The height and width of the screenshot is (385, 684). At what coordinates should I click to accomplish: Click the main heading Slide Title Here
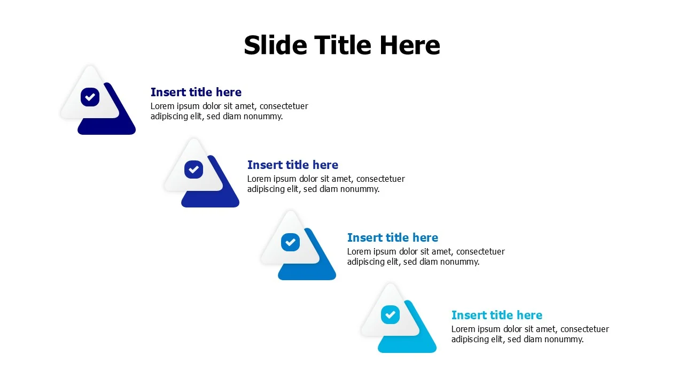[x=342, y=45]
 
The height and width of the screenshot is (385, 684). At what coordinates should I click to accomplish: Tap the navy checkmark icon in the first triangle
[x=90, y=97]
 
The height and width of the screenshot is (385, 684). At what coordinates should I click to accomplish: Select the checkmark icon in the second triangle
[x=193, y=170]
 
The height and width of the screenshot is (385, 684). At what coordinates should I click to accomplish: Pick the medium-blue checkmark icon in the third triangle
[x=290, y=242]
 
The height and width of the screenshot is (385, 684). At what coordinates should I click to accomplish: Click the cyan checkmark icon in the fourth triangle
[x=390, y=314]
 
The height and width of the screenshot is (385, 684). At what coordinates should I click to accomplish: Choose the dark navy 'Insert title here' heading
[x=196, y=92]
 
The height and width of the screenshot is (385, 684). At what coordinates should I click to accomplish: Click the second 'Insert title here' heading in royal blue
[x=293, y=165]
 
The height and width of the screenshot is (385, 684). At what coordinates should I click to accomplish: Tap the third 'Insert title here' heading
[x=393, y=237]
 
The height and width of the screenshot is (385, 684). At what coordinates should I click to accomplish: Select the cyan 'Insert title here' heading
[x=497, y=315]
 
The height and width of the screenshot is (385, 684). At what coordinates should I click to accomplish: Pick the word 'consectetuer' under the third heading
[x=480, y=251]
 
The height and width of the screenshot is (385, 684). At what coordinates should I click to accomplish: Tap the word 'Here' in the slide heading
[x=409, y=45]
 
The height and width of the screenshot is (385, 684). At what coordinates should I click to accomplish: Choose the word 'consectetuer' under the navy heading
[x=284, y=106]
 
